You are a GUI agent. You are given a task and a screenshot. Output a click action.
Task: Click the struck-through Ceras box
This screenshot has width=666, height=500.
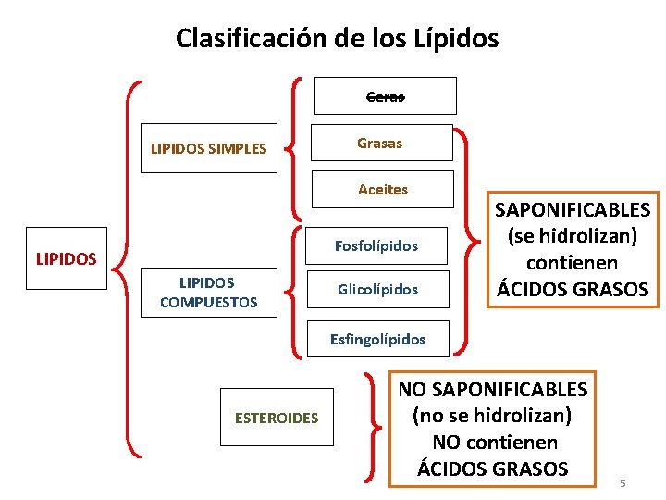click(386, 95)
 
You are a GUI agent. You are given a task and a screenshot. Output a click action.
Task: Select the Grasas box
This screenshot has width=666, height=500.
click(380, 144)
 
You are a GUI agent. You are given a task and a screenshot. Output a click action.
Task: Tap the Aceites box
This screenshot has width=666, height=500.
click(382, 189)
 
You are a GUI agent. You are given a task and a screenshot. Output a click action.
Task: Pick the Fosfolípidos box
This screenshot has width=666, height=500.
click(376, 246)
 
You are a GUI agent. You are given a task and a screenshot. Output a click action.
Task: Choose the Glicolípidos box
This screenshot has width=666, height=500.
click(377, 290)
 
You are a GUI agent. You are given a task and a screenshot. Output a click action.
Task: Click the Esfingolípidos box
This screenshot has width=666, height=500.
click(378, 339)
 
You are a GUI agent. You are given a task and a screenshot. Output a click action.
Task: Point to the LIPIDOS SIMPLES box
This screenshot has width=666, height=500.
click(208, 148)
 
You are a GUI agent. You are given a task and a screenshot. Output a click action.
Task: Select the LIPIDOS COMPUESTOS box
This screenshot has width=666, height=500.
click(208, 293)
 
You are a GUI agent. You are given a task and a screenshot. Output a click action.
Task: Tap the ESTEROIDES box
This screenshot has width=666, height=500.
click(277, 418)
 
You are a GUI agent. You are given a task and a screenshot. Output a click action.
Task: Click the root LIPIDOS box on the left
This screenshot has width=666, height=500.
click(66, 258)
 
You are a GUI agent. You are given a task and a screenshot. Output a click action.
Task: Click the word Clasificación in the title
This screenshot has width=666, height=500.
click(242, 38)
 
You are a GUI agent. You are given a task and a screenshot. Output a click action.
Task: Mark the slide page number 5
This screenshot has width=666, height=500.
click(623, 483)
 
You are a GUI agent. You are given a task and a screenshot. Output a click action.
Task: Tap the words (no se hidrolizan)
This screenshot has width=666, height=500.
click(492, 415)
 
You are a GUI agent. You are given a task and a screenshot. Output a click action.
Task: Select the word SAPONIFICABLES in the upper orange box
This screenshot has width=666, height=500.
click(573, 209)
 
